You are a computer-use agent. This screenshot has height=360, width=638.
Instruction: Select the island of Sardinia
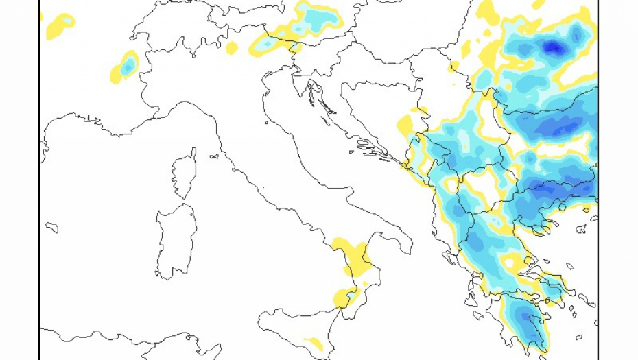click(175, 240)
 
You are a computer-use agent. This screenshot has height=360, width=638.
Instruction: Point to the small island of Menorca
click(52, 227)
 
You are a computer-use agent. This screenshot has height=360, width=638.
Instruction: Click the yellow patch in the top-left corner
click(60, 25)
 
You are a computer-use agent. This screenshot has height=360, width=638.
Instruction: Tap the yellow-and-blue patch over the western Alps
click(126, 66)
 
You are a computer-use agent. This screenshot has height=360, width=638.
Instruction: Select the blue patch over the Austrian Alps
click(315, 19)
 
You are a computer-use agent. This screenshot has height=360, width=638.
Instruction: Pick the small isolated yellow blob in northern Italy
click(233, 48)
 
